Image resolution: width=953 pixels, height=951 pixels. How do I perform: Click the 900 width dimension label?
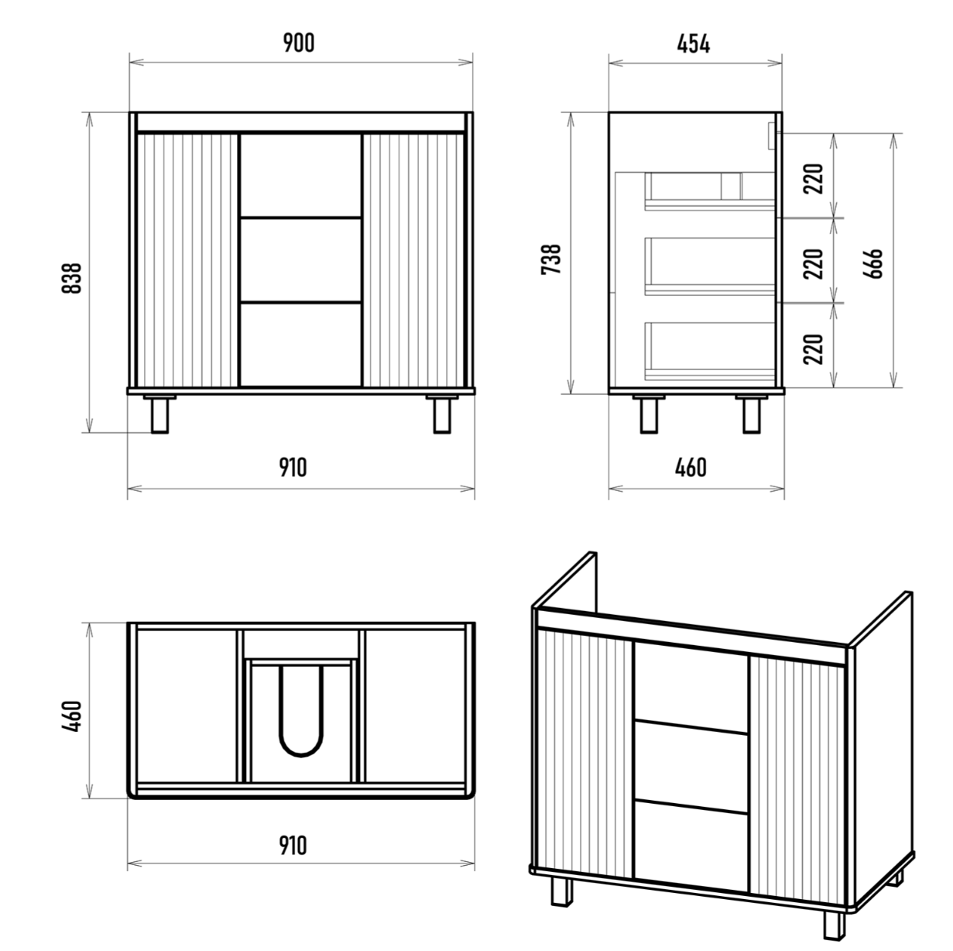click(299, 43)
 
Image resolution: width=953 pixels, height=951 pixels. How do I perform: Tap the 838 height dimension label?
click(72, 278)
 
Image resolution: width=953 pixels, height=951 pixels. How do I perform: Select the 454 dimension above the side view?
click(694, 44)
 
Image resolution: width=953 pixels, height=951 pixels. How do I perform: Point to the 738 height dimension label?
click(551, 259)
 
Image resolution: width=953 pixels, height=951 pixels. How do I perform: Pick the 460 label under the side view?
click(691, 468)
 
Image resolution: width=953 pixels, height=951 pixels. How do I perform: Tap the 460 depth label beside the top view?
click(72, 716)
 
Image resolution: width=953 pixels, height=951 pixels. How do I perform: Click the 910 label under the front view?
click(293, 468)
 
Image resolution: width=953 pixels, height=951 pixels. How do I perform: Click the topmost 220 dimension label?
click(813, 179)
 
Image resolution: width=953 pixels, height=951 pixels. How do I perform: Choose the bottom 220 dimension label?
click(813, 349)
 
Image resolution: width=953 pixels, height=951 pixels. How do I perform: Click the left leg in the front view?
click(159, 414)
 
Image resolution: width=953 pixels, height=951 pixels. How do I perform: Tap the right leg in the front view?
click(442, 414)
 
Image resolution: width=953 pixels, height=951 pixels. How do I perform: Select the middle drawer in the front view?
click(300, 259)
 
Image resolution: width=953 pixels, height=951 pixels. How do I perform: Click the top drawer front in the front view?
click(300, 175)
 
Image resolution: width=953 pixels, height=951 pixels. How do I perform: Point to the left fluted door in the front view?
click(187, 260)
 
